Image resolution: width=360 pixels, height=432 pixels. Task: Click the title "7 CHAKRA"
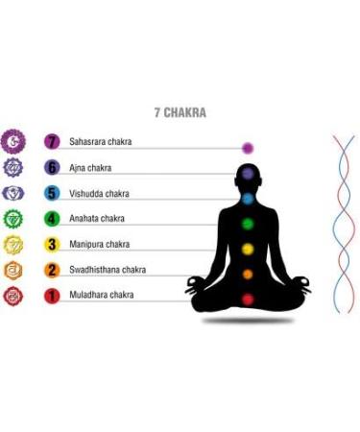(x=180, y=112)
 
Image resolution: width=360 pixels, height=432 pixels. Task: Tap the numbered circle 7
(x=53, y=142)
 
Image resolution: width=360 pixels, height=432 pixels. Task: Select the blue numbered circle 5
(x=53, y=193)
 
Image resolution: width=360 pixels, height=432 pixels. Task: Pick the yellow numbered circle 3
(x=53, y=245)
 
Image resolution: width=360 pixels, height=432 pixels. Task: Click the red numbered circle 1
(x=53, y=296)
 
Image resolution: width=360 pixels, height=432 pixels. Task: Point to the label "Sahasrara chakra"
(x=101, y=142)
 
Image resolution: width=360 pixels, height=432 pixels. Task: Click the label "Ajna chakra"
(x=90, y=168)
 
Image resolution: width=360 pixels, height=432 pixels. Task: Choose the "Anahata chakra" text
(x=97, y=219)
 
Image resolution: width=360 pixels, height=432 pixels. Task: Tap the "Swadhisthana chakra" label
(x=108, y=270)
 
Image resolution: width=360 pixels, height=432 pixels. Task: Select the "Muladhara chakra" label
(x=101, y=296)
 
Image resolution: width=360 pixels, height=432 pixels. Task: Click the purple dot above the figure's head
(x=248, y=148)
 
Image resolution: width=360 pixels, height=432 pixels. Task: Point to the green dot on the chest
(x=248, y=225)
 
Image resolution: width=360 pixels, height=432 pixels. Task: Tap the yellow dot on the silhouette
(x=248, y=250)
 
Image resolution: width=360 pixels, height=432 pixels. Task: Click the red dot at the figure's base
(x=248, y=300)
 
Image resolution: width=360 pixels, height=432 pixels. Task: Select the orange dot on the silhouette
(x=248, y=275)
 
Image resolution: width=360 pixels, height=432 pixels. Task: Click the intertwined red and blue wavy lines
(x=344, y=221)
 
